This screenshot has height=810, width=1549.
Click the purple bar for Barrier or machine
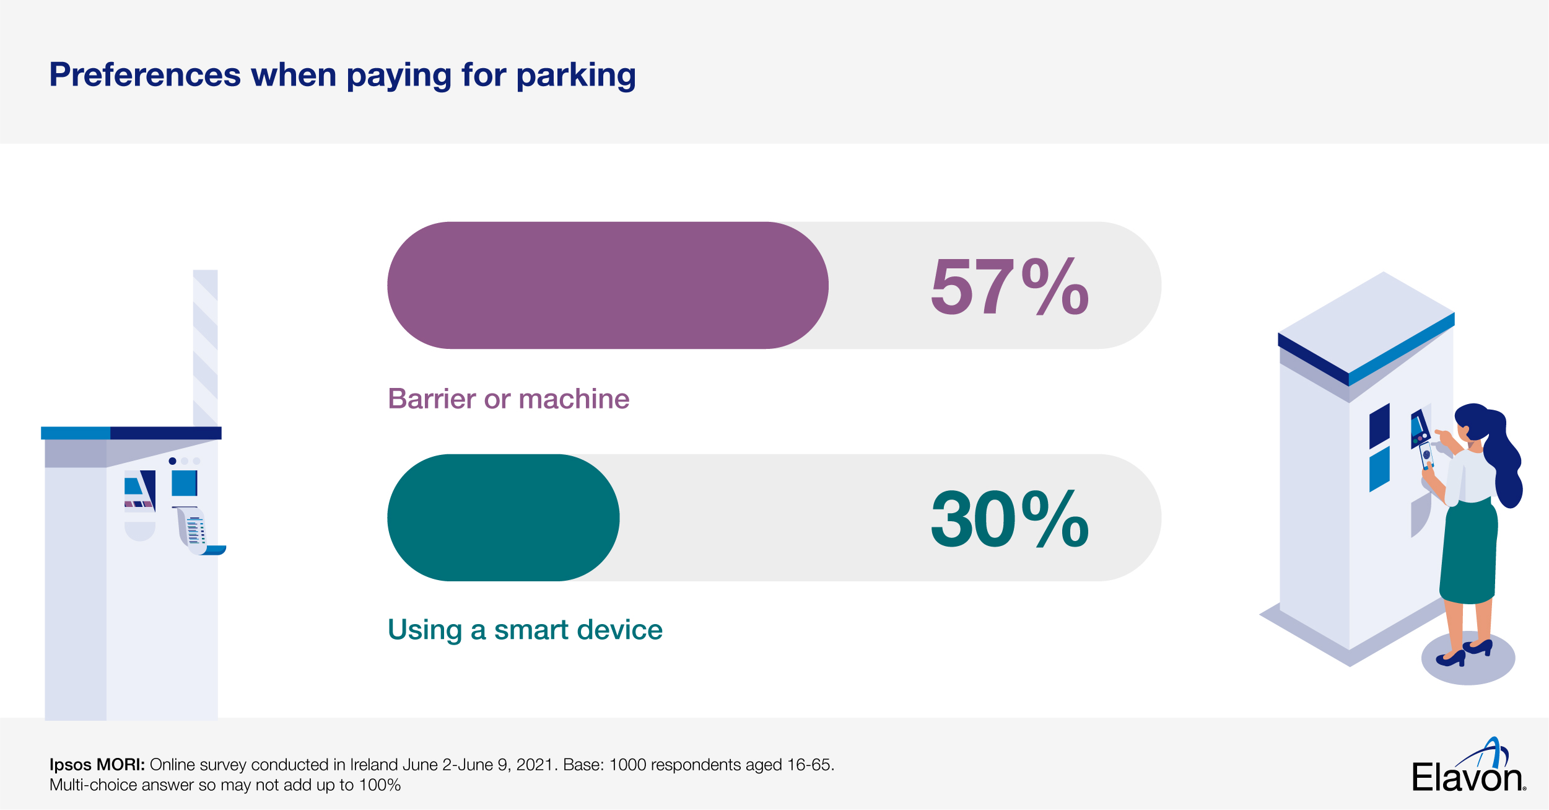click(607, 285)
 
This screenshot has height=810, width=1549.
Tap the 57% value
click(1010, 286)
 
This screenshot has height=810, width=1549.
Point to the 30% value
click(1010, 519)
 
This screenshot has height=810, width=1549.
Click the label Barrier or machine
click(508, 399)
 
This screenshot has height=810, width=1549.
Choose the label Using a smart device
click(525, 630)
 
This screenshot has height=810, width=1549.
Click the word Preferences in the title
click(145, 75)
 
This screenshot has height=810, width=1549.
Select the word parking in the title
click(576, 76)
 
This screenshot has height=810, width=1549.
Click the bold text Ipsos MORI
click(97, 765)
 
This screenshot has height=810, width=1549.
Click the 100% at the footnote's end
click(380, 785)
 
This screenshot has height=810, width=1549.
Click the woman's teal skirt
click(1468, 552)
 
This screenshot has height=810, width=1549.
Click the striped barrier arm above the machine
click(205, 347)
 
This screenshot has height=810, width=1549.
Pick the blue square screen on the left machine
click(184, 483)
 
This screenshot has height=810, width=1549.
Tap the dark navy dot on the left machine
click(172, 461)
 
